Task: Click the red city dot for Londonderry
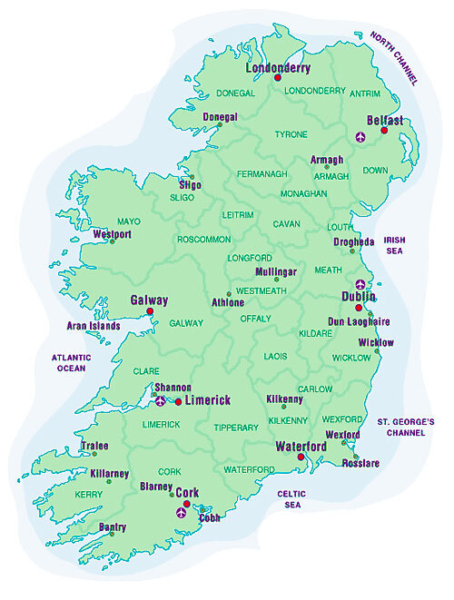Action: coord(278,78)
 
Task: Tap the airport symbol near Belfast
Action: coord(362,137)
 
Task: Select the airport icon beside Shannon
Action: coord(161,400)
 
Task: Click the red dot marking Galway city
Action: coord(150,311)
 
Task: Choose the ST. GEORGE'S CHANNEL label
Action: coord(406,428)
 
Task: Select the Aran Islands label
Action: coord(94,325)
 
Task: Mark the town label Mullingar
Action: coord(278,271)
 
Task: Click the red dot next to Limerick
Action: coord(178,400)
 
